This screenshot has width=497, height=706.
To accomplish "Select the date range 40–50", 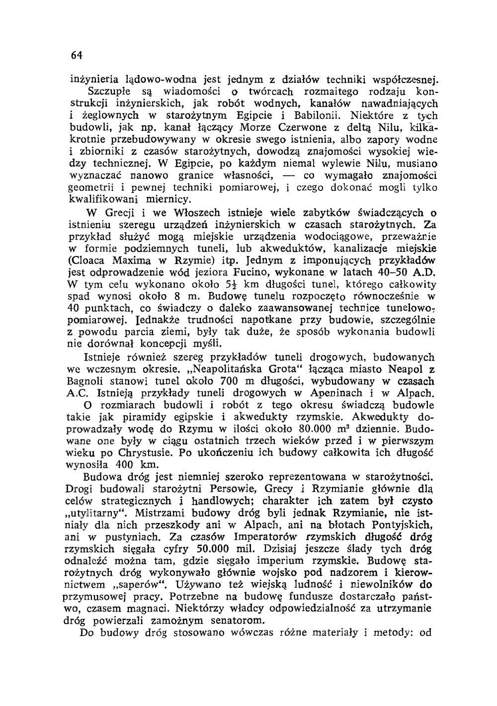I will click(396, 272).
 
